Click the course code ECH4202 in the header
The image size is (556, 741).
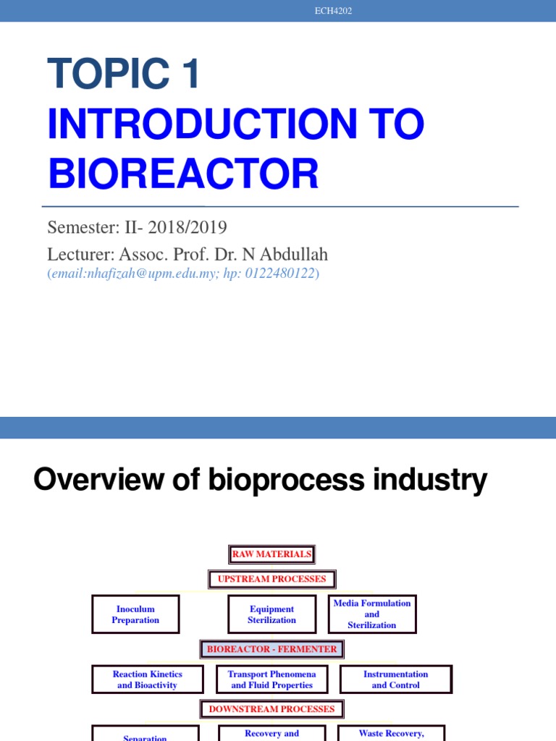334,11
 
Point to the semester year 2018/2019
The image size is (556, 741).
188,227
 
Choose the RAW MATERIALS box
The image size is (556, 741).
272,555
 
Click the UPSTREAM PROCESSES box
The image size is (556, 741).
272,579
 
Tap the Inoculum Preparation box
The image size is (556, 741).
135,614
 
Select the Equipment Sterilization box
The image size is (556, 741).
272,614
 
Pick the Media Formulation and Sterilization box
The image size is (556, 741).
372,614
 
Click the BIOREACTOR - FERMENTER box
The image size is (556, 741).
272,649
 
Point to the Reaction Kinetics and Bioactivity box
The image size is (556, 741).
147,679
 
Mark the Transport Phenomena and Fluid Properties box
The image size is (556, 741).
272,679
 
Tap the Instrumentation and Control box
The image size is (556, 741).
395,679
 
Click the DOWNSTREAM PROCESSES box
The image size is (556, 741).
272,709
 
